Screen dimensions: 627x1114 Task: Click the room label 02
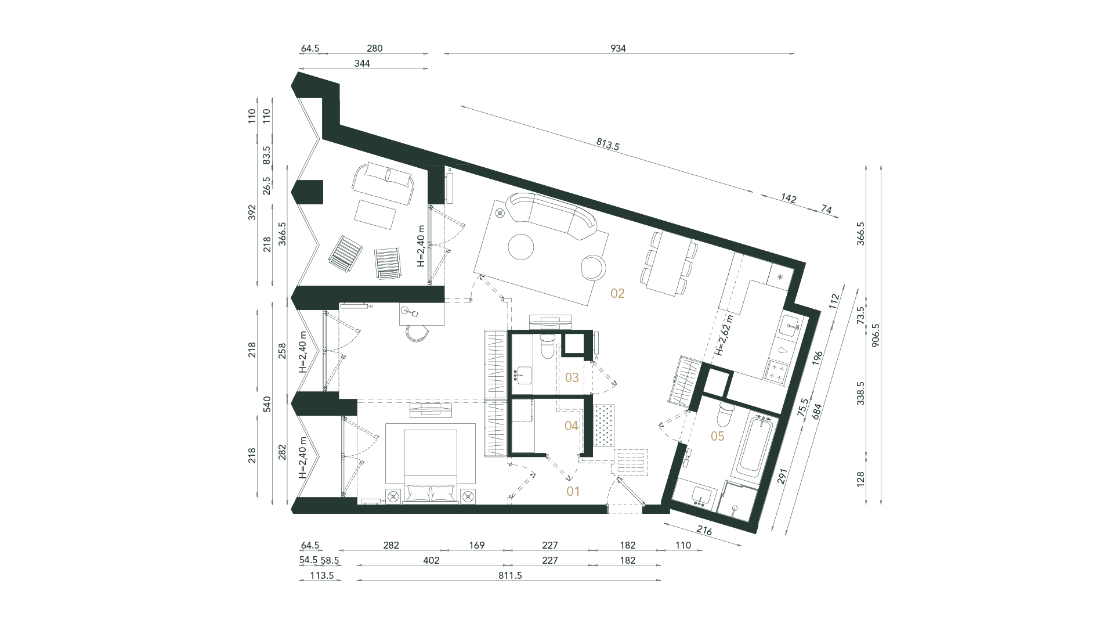coord(617,294)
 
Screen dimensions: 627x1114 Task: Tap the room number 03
coord(572,378)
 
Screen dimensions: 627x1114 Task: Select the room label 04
coord(572,426)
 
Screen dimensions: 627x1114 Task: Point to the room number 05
coord(718,436)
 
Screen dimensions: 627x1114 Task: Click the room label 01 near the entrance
coord(573,492)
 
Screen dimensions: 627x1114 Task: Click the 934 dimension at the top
coord(619,49)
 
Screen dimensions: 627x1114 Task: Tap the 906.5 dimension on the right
coord(876,336)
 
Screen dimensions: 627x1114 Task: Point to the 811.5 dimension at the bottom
coord(510,575)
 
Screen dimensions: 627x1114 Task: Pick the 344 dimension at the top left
coord(362,63)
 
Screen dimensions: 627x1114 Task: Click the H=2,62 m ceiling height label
coord(724,336)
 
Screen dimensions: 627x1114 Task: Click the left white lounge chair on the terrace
coord(345,254)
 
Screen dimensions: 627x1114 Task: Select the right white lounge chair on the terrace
coord(387,263)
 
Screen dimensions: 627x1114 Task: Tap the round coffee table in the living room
coord(521,246)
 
